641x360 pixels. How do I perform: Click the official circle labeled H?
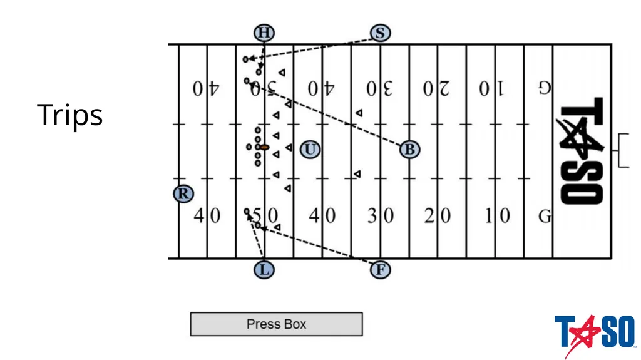coord(264,33)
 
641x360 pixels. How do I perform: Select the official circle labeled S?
coord(380,33)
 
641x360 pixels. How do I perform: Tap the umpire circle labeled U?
coord(310,149)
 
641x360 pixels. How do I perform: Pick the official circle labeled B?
coord(409,149)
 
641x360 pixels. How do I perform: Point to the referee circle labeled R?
coord(183,193)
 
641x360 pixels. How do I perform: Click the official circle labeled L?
coord(264,270)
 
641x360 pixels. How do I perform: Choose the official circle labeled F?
coord(380,270)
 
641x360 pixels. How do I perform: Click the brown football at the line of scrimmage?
coord(265,147)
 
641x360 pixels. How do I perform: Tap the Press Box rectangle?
coord(276,324)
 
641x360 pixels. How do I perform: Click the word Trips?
coord(70,115)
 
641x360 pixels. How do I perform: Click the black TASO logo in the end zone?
coord(580,150)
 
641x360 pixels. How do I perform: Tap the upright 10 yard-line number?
coord(497,215)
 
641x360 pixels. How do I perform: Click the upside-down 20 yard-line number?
coord(436,88)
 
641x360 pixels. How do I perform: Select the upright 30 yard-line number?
coord(381,215)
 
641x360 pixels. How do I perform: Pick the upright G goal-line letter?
coord(545,216)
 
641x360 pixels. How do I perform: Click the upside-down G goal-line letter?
coord(545,88)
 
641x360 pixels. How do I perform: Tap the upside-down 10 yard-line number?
coord(492,88)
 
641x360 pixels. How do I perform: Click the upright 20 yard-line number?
coord(438,215)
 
